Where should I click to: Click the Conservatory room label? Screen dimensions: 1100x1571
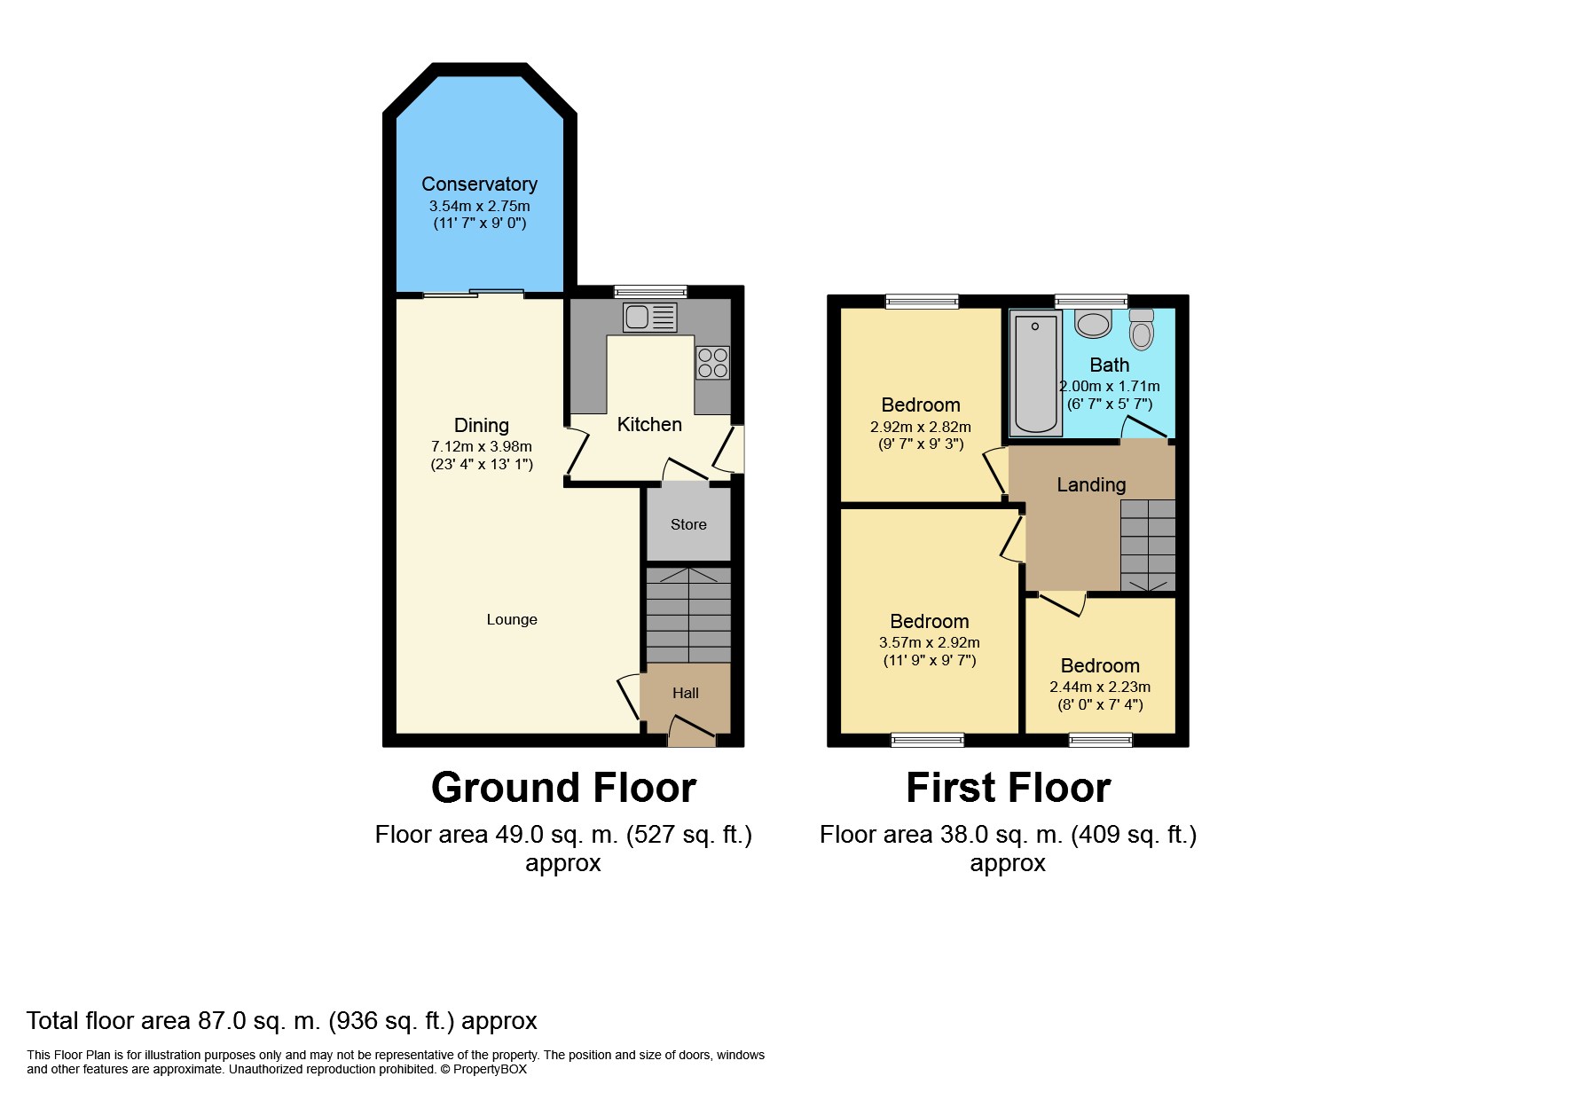[x=479, y=184]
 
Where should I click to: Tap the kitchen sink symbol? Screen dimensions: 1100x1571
[x=649, y=317]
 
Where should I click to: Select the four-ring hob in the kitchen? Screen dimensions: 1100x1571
[x=712, y=363]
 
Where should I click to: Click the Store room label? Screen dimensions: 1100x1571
[x=688, y=524]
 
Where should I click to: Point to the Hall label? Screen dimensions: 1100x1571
[x=685, y=693]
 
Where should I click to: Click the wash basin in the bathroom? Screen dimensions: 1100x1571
[x=1093, y=323]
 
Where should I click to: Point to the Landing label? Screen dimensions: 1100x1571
[x=1090, y=484]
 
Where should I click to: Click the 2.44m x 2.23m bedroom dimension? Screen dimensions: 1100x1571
[x=1099, y=687]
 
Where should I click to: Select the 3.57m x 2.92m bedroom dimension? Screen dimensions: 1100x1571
[x=929, y=642]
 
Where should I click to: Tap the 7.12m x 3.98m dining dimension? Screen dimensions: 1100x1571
[x=481, y=446]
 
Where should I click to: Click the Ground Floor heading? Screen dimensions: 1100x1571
[x=563, y=788]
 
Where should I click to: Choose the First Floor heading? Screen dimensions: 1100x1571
[x=1008, y=788]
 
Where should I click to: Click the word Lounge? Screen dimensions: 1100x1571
[x=511, y=619]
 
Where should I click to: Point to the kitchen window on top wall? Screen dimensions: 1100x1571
[x=650, y=291]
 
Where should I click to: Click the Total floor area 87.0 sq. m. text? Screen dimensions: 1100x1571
[x=281, y=1020]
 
